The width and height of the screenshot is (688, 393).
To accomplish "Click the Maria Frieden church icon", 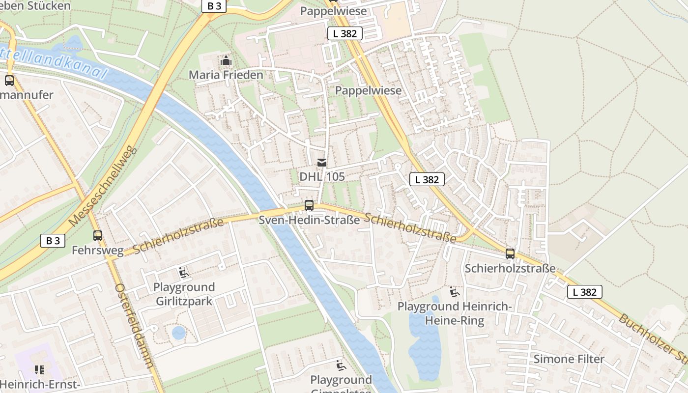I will pyautogui.click(x=226, y=61).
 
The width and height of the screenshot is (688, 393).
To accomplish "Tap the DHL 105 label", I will pyautogui.click(x=322, y=176).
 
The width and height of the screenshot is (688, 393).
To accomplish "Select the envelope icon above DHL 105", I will pyautogui.click(x=321, y=163).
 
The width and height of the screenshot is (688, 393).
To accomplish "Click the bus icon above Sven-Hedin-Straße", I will pyautogui.click(x=309, y=205).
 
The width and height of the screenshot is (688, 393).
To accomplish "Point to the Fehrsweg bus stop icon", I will pyautogui.click(x=98, y=236).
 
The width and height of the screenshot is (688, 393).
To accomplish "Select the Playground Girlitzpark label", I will pyautogui.click(x=184, y=294).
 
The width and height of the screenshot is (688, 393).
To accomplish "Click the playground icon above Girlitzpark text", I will pyautogui.click(x=184, y=273).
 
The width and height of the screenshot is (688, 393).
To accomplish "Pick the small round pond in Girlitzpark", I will pyautogui.click(x=179, y=333).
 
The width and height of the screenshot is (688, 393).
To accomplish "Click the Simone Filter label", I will pyautogui.click(x=569, y=359).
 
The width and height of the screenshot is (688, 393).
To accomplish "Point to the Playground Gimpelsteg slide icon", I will pyautogui.click(x=341, y=365).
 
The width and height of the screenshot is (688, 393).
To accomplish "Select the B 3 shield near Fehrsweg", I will pyautogui.click(x=53, y=241).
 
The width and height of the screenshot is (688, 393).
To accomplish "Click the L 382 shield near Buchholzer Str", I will pyautogui.click(x=584, y=292).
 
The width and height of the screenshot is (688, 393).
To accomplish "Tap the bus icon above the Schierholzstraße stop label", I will pyautogui.click(x=510, y=254).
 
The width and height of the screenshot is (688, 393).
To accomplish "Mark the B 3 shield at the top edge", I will pyautogui.click(x=214, y=6).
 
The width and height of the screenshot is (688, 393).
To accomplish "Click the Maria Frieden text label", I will pyautogui.click(x=226, y=75).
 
